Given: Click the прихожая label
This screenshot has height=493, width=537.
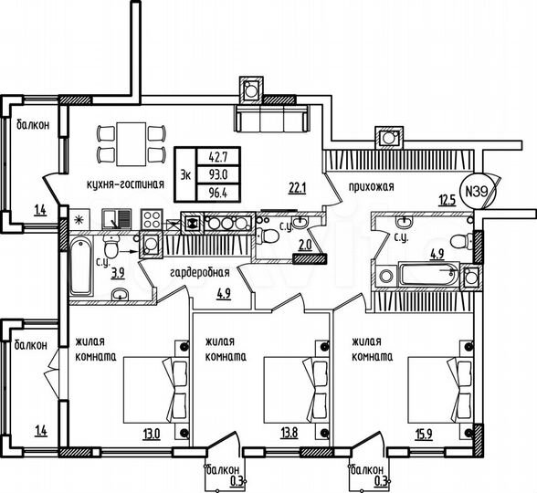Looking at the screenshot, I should pyautogui.click(x=370, y=187).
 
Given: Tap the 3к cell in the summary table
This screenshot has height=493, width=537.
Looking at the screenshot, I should pyautogui.click(x=186, y=173).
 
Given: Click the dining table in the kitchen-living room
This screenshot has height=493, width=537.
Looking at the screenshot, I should pyautogui.click(x=126, y=142).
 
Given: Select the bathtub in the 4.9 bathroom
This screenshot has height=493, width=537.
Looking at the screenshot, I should pyautogui.click(x=426, y=273).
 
